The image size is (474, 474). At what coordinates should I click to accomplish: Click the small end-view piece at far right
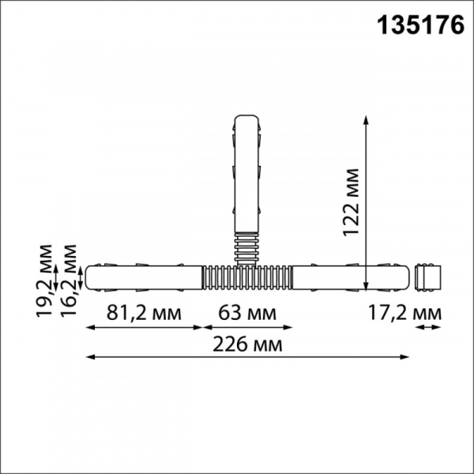pyautogui.click(x=427, y=276)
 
